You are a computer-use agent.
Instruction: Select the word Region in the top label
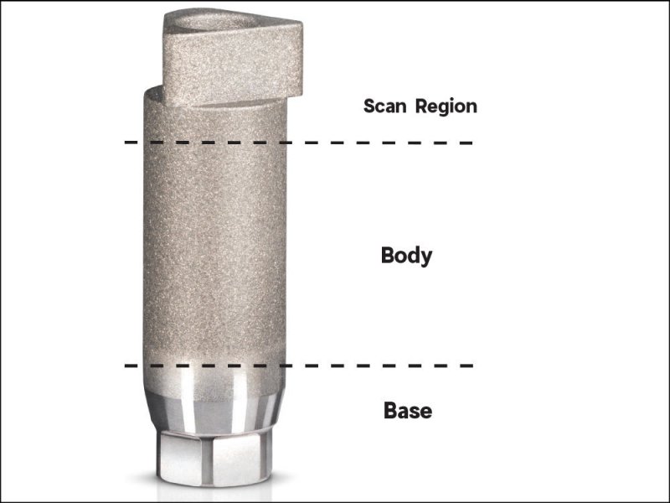pos(446,107)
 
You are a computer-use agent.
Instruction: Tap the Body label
pos(407,256)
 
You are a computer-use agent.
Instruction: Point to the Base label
pos(408,411)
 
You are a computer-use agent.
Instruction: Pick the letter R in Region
pos(423,106)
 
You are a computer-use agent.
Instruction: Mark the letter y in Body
pos(426,257)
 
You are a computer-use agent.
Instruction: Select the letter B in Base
pos(390,411)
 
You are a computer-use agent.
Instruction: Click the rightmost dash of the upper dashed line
pos(466,143)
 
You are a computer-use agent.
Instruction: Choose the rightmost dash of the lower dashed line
pos(466,366)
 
